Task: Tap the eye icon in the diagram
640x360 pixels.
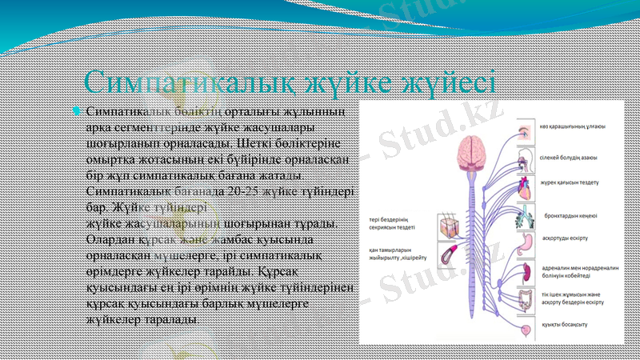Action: pos(524,129)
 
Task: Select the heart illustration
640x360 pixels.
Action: pos(526,186)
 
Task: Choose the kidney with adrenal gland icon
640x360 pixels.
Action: pos(526,270)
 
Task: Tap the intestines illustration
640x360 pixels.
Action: pos(526,300)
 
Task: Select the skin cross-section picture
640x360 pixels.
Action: pos(448,226)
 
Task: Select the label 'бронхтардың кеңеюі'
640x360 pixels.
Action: pos(576,215)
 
